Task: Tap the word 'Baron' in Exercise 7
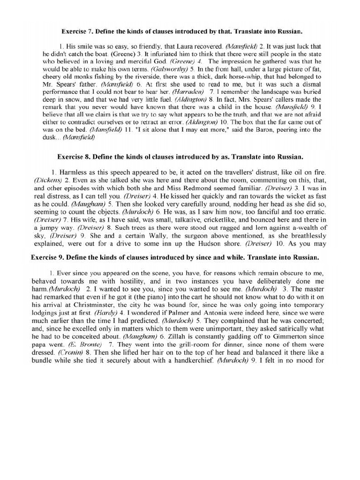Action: coord(267,130)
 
